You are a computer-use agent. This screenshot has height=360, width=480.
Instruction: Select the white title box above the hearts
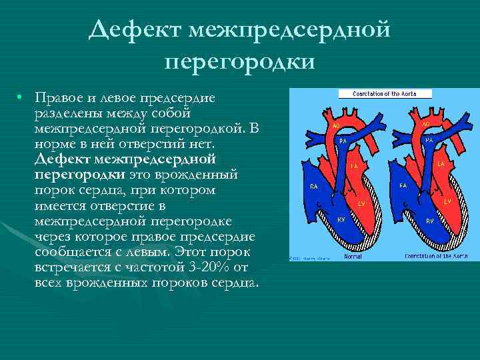point(384,94)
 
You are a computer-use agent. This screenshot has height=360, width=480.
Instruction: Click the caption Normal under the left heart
point(353,255)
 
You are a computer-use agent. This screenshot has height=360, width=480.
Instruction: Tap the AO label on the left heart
point(337,125)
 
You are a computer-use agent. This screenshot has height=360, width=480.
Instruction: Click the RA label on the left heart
point(313,187)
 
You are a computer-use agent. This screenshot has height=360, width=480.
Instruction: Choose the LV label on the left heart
point(363,202)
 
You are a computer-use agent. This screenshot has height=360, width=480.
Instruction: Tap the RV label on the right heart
point(429,220)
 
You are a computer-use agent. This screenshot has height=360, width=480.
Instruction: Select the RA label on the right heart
point(403,186)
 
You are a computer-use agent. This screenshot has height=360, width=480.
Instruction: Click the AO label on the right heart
point(426,124)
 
